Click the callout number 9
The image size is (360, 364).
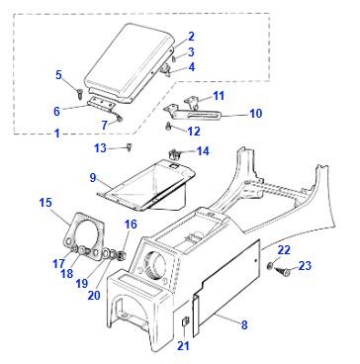pyautogui.click(x=93, y=179)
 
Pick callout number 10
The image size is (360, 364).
pyautogui.click(x=255, y=114)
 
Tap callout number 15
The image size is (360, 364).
pyautogui.click(x=46, y=203)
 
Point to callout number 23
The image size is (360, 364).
pyautogui.click(x=307, y=265)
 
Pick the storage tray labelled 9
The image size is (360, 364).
pyautogui.click(x=143, y=183)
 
